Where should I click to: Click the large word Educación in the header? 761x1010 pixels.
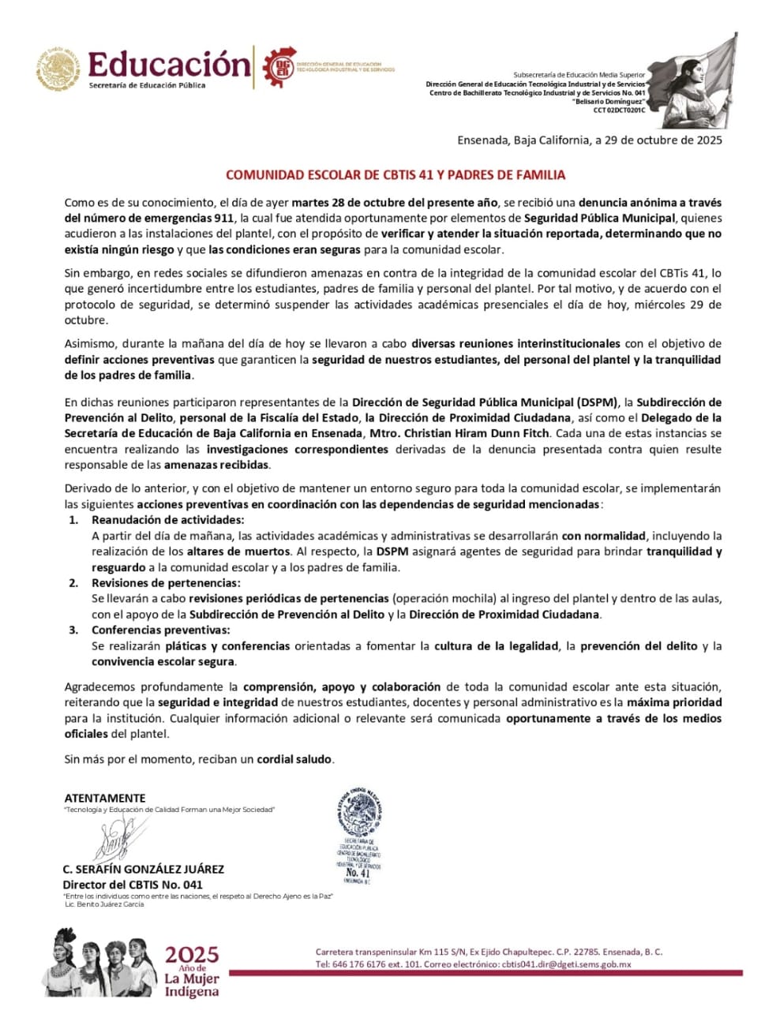pyautogui.click(x=169, y=63)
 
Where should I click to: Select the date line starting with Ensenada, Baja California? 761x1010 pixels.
pyautogui.click(x=589, y=140)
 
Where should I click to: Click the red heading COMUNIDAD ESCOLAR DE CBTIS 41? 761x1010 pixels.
pyautogui.click(x=395, y=175)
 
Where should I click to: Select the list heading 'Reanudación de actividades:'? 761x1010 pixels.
pyautogui.click(x=167, y=520)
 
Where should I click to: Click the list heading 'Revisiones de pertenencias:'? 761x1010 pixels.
pyautogui.click(x=166, y=583)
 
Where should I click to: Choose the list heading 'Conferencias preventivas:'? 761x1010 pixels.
pyautogui.click(x=161, y=630)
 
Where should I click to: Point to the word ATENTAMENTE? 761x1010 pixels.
pyautogui.click(x=105, y=798)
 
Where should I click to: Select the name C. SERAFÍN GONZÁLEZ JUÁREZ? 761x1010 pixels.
pyautogui.click(x=143, y=869)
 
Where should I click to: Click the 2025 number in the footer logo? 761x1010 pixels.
pyautogui.click(x=192, y=956)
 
